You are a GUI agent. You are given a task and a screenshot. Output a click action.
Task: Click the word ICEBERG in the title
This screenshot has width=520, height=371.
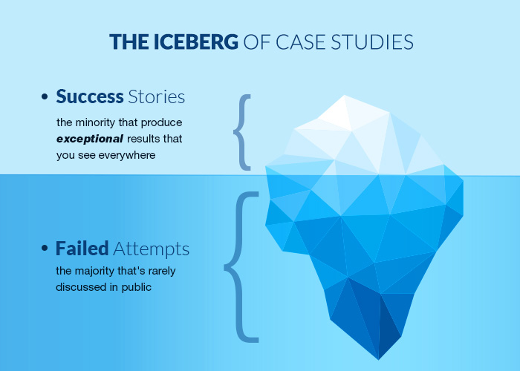pyautogui.click(x=195, y=42)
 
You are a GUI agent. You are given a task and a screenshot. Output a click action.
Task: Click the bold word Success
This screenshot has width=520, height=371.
pyautogui.click(x=90, y=96)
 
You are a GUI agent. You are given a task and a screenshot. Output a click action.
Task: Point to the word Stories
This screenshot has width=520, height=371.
pyautogui.click(x=157, y=96)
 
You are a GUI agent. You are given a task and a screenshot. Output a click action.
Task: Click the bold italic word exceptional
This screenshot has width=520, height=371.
pyautogui.click(x=90, y=139)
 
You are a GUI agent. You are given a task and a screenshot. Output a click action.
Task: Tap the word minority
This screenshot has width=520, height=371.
pyautogui.click(x=95, y=122)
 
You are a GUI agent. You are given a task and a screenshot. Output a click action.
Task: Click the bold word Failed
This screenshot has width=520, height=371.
pyautogui.click(x=82, y=249)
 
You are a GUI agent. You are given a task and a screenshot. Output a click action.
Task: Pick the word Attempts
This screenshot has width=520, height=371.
pyautogui.click(x=152, y=249)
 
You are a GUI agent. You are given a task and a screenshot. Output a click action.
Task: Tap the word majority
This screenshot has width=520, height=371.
pyautogui.click(x=94, y=271)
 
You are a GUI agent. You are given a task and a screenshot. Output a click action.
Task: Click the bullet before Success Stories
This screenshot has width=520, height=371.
pyautogui.click(x=45, y=96)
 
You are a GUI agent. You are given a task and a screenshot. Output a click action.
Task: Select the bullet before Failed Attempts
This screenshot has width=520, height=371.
pyautogui.click(x=45, y=248)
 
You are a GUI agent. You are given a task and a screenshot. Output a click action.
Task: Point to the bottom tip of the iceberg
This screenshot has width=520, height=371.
pyautogui.click(x=378, y=359)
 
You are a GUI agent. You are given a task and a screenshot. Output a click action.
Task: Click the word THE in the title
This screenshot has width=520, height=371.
pyautogui.click(x=129, y=42)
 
